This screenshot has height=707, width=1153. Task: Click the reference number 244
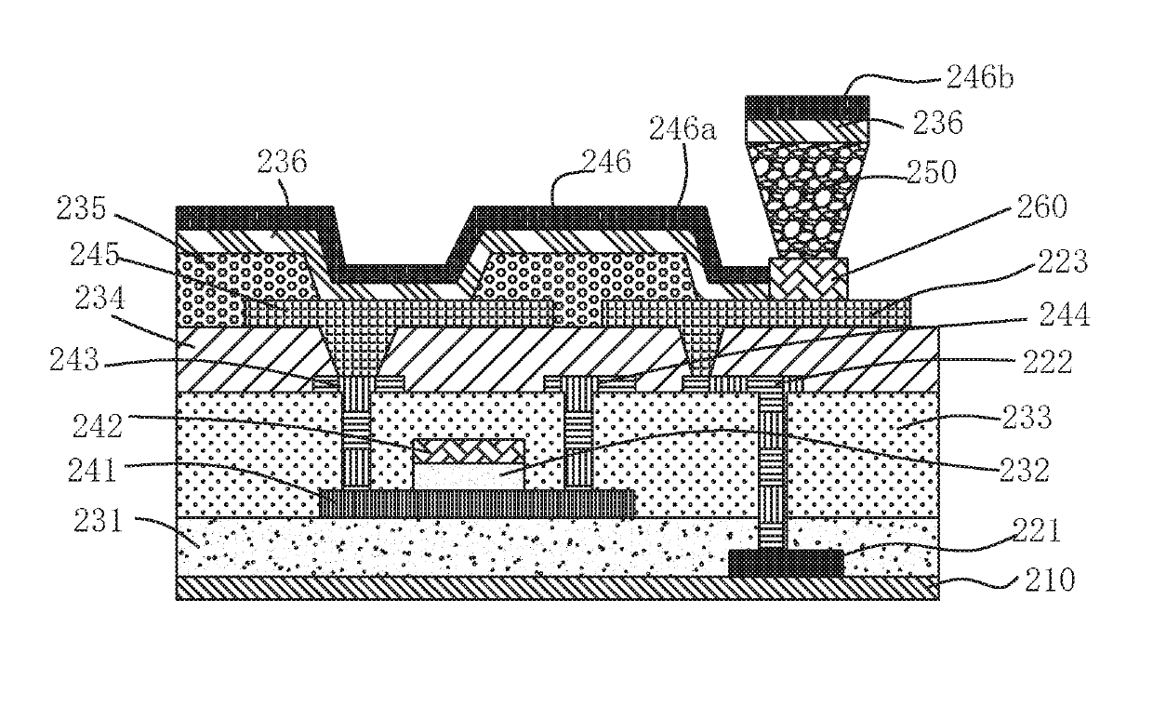pyautogui.click(x=1059, y=319)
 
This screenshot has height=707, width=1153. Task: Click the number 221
pyautogui.click(x=1027, y=532)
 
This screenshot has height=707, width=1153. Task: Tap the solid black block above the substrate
pyautogui.click(x=786, y=562)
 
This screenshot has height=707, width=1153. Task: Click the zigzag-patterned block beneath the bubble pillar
pyautogui.click(x=809, y=279)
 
